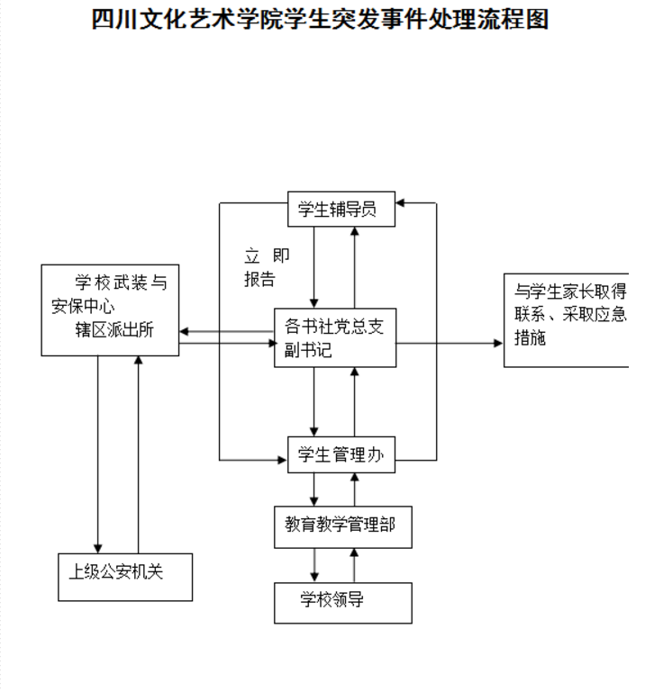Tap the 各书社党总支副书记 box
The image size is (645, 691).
point(335,337)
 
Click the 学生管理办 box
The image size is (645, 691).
point(341,455)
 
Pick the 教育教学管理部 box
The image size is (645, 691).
point(343,526)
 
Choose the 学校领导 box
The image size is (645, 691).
point(342,602)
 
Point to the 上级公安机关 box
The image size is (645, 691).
point(124,576)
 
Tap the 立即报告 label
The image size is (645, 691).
point(261,266)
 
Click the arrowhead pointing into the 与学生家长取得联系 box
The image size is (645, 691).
point(498,343)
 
